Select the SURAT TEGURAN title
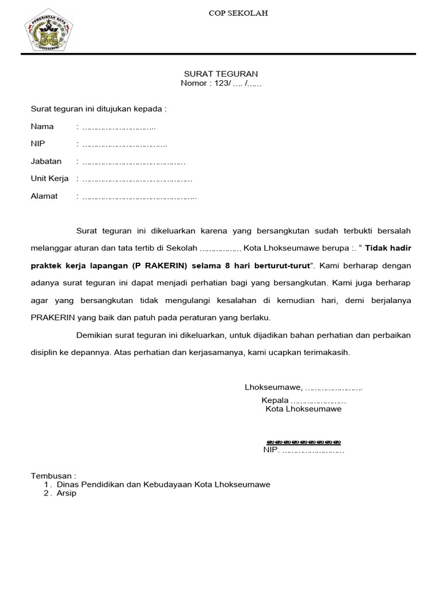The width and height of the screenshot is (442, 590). point(220,74)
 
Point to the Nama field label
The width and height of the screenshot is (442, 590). point(42,127)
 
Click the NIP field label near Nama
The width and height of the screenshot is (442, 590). point(37,144)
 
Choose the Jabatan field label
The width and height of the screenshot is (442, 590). point(46,161)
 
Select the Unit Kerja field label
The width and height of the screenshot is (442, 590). point(49,179)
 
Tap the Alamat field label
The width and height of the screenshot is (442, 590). point(44,196)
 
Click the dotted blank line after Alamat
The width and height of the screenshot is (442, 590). point(140,196)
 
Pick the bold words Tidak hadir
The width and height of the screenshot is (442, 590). point(389,248)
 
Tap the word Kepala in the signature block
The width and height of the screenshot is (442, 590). point(275,400)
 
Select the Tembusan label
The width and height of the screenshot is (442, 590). point(53,476)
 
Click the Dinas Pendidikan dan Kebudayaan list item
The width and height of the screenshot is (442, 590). point(163,485)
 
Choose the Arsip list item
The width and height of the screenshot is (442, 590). point(66,493)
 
